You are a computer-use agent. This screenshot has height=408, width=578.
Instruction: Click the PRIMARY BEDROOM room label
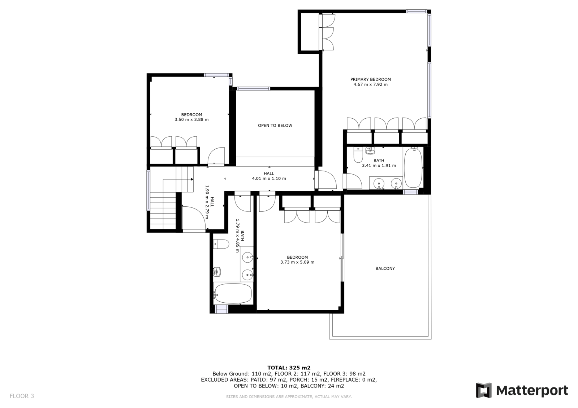pos(371,79)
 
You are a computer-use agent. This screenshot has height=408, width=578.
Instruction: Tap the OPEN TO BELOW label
pos(275,126)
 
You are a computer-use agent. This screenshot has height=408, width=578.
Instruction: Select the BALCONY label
pos(385,268)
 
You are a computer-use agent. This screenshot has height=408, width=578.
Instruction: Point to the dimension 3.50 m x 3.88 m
pos(192,120)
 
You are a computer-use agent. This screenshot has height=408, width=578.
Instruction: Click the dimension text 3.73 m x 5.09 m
pos(298,262)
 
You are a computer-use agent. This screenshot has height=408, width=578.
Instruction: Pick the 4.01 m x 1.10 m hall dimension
pos(269,178)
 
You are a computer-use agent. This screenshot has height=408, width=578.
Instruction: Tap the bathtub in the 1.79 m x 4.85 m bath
pos(233,293)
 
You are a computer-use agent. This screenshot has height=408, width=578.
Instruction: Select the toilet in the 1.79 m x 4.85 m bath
pos(221,244)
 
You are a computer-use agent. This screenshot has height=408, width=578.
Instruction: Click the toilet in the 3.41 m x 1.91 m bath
pos(358,155)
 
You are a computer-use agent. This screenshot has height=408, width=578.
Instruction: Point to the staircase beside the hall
pos(172,198)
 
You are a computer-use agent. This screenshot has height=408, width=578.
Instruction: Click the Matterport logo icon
pos(484,390)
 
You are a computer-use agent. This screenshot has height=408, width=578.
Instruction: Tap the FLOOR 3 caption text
pos(22,396)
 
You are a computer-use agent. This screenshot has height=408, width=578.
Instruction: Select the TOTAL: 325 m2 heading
pos(289,368)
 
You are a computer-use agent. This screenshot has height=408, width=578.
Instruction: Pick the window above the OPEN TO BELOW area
pos(254,89)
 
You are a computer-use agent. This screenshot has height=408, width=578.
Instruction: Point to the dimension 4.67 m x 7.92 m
pos(371,84)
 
